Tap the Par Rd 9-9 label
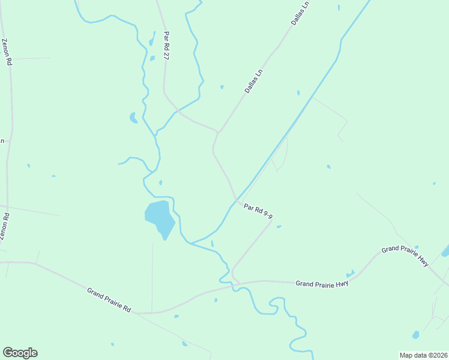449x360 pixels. pos(259,212)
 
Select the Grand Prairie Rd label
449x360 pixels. pos(109,299)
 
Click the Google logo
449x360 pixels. pos(20,353)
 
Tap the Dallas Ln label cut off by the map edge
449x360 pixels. pos(300,12)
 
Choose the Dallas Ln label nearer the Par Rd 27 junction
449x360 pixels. pos(254,80)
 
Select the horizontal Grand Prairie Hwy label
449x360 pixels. pos(322,282)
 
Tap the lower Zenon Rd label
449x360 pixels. pos(4,227)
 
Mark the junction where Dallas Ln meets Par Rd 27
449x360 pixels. pos(218,132)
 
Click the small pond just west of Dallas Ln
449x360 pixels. pos(222,87)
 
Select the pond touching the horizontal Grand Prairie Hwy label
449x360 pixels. pos(349,274)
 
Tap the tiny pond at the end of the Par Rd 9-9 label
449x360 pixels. pos(279,226)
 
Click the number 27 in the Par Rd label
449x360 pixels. pos(167,55)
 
